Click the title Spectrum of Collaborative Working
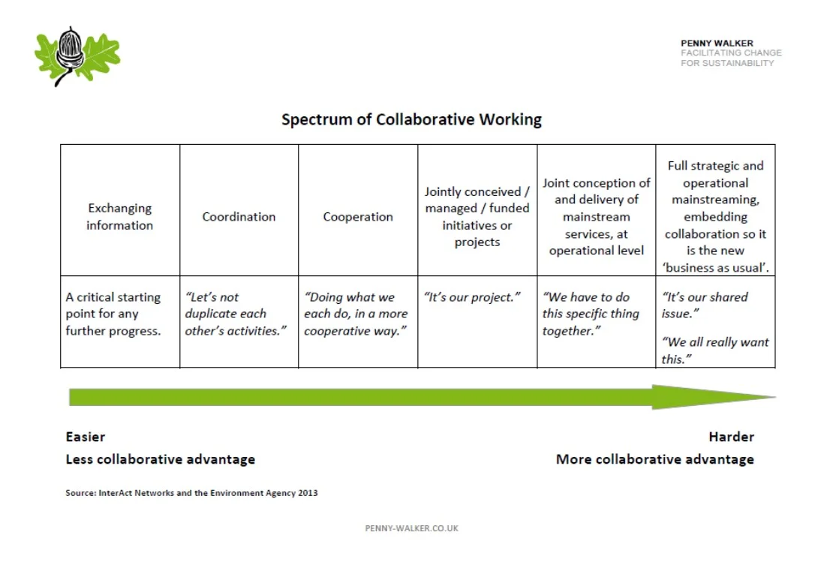pyautogui.click(x=411, y=119)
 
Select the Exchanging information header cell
pyautogui.click(x=119, y=217)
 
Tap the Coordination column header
pyautogui.click(x=239, y=217)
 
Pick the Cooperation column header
pyautogui.click(x=358, y=217)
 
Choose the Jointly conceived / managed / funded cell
pyautogui.click(x=477, y=217)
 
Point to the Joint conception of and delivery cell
pyautogui.click(x=597, y=217)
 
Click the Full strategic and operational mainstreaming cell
pyautogui.click(x=715, y=217)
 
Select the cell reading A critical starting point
pyautogui.click(x=113, y=314)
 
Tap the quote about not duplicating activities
pyautogui.click(x=236, y=314)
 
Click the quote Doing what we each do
pyautogui.click(x=356, y=314)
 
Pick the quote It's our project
pyautogui.click(x=472, y=297)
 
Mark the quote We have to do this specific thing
pyautogui.click(x=591, y=314)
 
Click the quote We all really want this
pyautogui.click(x=715, y=350)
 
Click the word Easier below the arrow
pyautogui.click(x=86, y=437)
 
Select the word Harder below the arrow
pyautogui.click(x=731, y=437)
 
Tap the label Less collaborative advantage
pyautogui.click(x=161, y=459)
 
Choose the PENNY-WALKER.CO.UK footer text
pyautogui.click(x=411, y=528)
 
